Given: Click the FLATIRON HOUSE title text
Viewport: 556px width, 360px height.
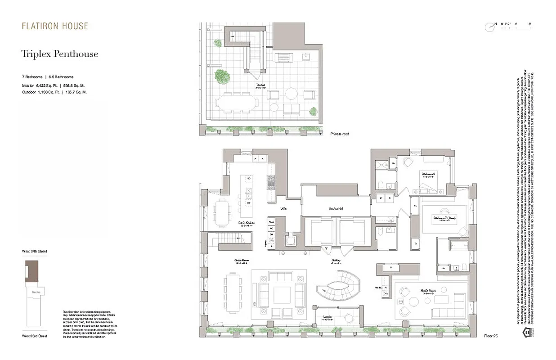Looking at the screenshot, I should pyautogui.click(x=55, y=26).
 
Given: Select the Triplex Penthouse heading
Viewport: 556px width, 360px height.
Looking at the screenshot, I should pyautogui.click(x=59, y=54).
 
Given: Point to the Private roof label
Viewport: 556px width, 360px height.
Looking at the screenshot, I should pyautogui.click(x=339, y=134).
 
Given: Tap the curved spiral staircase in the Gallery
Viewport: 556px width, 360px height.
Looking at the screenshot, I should pyautogui.click(x=338, y=288).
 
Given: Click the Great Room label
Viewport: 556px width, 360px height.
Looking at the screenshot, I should pyautogui.click(x=242, y=261).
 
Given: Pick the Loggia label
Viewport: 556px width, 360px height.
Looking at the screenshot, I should pyautogui.click(x=327, y=317).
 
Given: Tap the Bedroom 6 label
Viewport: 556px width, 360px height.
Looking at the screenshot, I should pyautogui.click(x=428, y=173).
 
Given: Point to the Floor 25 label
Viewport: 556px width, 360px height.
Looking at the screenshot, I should pyautogui.click(x=491, y=336).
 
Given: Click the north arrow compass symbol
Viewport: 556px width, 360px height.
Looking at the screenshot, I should pyautogui.click(x=489, y=27).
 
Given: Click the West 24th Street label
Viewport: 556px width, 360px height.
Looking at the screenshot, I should pyautogui.click(x=34, y=251).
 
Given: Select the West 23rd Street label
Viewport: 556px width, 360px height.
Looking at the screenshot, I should pyautogui.click(x=34, y=336).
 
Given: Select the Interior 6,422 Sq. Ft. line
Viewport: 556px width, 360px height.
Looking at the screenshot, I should pyautogui.click(x=54, y=85).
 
